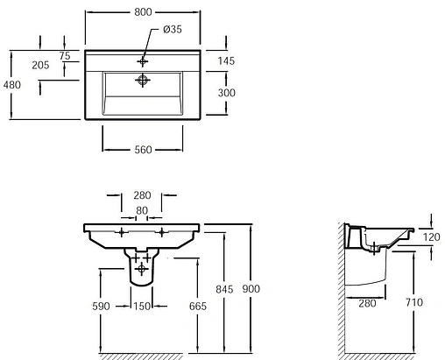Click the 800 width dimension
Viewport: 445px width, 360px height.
[x=143, y=12]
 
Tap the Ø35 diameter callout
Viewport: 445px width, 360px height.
[x=173, y=29]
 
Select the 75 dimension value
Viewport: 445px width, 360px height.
[x=65, y=55]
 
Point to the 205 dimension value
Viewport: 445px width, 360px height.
[x=40, y=65]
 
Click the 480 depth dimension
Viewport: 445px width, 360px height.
[x=12, y=85]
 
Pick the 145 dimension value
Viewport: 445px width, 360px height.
[x=226, y=60]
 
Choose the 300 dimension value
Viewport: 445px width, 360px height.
[x=227, y=93]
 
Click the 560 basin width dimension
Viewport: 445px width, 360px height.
[x=143, y=150]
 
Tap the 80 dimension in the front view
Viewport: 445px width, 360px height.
[x=142, y=210]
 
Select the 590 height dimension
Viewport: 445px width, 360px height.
[x=101, y=306]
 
